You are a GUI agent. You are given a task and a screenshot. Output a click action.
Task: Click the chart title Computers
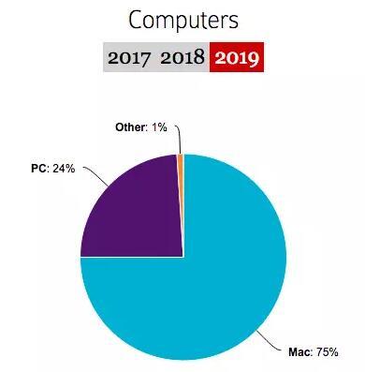pyautogui.click(x=183, y=19)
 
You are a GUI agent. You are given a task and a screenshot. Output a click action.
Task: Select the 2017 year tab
pyautogui.click(x=130, y=57)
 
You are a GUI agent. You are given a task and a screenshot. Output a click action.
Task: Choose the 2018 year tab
pyautogui.click(x=182, y=57)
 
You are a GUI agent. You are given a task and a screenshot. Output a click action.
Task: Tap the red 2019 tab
pyautogui.click(x=236, y=57)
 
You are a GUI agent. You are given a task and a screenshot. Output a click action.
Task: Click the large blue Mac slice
pyautogui.click(x=215, y=281)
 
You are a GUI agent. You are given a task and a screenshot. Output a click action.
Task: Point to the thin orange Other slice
pyautogui.click(x=181, y=161)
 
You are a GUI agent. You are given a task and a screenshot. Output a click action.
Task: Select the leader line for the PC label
pyautogui.click(x=94, y=174)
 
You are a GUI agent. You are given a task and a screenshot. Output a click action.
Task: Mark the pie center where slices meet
pyautogui.click(x=183, y=257)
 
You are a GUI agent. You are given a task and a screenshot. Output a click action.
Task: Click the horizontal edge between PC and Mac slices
pyautogui.click(x=131, y=257)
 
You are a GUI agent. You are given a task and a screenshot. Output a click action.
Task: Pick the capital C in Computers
pyautogui.click(x=137, y=19)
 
